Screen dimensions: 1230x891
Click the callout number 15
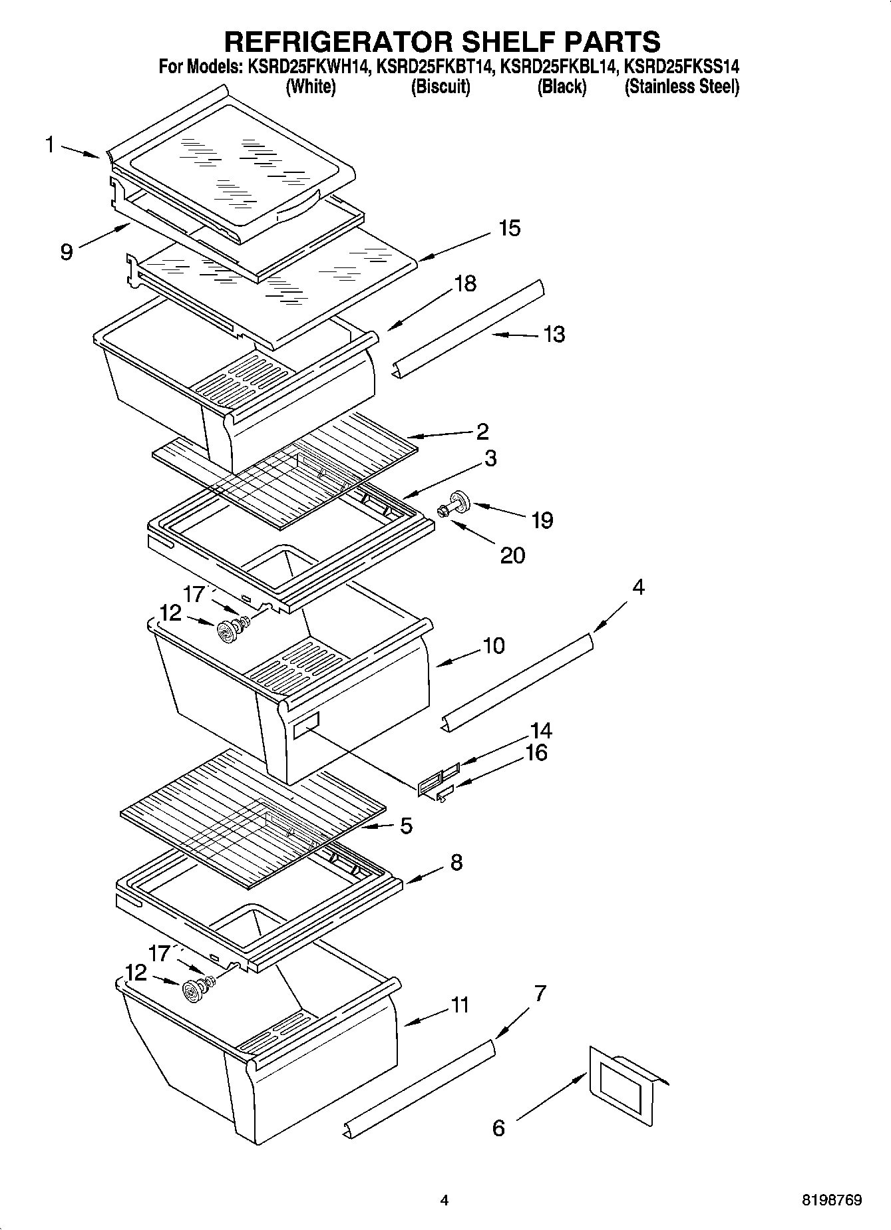click(x=509, y=228)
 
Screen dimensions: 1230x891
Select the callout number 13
click(x=554, y=334)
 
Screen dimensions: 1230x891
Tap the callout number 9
click(x=67, y=252)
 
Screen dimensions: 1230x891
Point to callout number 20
click(x=512, y=555)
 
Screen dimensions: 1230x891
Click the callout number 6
click(x=498, y=1128)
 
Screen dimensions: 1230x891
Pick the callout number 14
click(x=540, y=731)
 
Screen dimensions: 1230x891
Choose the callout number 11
click(x=460, y=1004)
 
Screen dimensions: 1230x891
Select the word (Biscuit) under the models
click(x=441, y=86)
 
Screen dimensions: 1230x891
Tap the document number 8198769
click(x=832, y=1201)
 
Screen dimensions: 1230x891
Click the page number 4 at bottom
click(x=445, y=1201)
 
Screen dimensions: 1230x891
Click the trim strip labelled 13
click(x=468, y=327)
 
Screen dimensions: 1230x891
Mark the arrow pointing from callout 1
click(x=83, y=152)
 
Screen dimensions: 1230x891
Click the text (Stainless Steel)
click(x=681, y=86)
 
